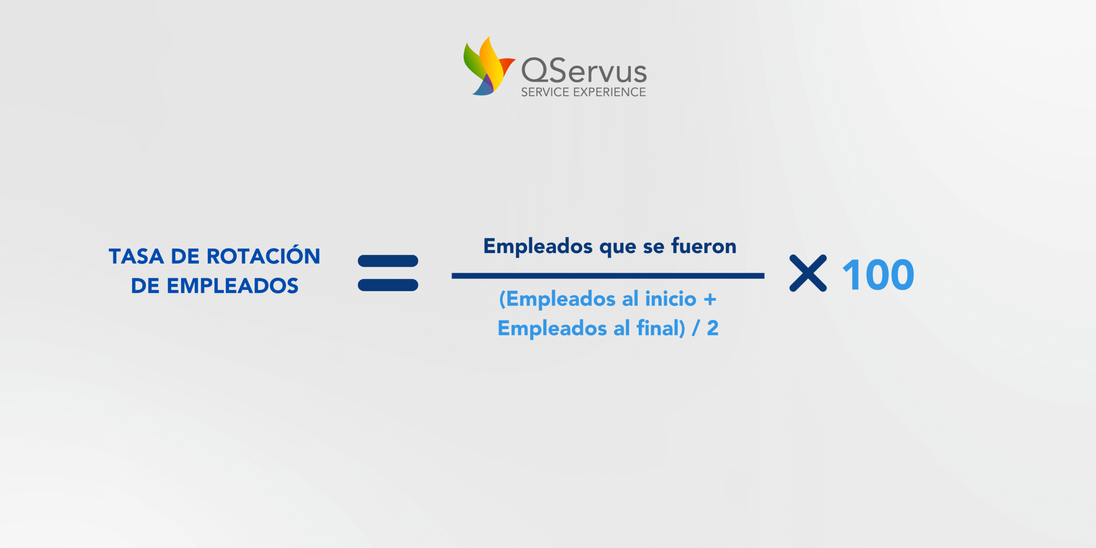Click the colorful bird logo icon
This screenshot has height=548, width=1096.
(x=488, y=66)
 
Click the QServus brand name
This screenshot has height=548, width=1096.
(x=584, y=70)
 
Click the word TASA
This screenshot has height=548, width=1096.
(x=137, y=256)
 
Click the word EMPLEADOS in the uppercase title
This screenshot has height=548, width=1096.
(x=232, y=286)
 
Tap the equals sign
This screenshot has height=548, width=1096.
(x=388, y=273)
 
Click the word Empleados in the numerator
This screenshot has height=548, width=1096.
(x=538, y=247)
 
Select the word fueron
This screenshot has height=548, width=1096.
(x=703, y=246)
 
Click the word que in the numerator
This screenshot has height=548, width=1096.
(x=618, y=248)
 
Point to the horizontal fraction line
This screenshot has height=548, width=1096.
(x=608, y=276)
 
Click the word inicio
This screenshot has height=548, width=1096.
(x=671, y=299)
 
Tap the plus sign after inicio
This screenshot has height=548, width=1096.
(x=710, y=300)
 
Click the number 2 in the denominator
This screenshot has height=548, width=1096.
(x=713, y=328)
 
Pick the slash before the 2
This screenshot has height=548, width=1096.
(x=696, y=329)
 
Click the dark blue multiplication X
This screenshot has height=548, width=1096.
(x=808, y=273)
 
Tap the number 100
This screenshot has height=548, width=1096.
(x=878, y=275)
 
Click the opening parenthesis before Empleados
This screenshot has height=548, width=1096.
(x=503, y=299)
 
